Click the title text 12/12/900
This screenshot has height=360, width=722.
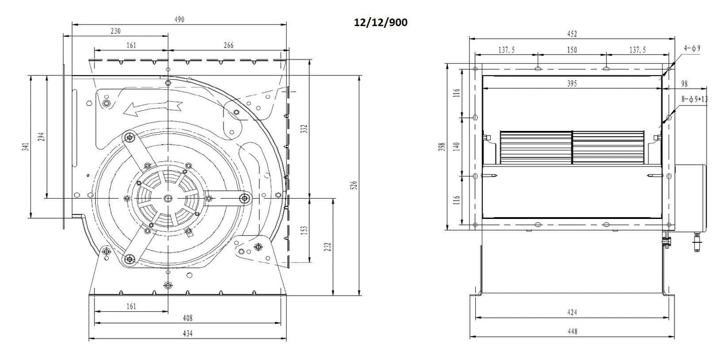[x=380, y=22]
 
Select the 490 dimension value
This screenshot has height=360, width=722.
[x=179, y=20]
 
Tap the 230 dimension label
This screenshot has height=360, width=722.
[x=115, y=32]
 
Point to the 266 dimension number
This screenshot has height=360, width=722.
[x=228, y=45]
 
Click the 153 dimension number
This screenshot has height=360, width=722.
[x=305, y=229]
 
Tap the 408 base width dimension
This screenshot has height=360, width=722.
[x=187, y=318]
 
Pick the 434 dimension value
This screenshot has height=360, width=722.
[x=187, y=333]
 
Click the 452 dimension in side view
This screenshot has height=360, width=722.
[x=572, y=34]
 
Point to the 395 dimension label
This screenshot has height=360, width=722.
[x=572, y=84]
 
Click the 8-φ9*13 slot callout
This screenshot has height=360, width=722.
[x=695, y=99]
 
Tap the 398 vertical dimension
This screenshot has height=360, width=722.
[x=442, y=146]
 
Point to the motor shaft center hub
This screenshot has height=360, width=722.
[x=168, y=198]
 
